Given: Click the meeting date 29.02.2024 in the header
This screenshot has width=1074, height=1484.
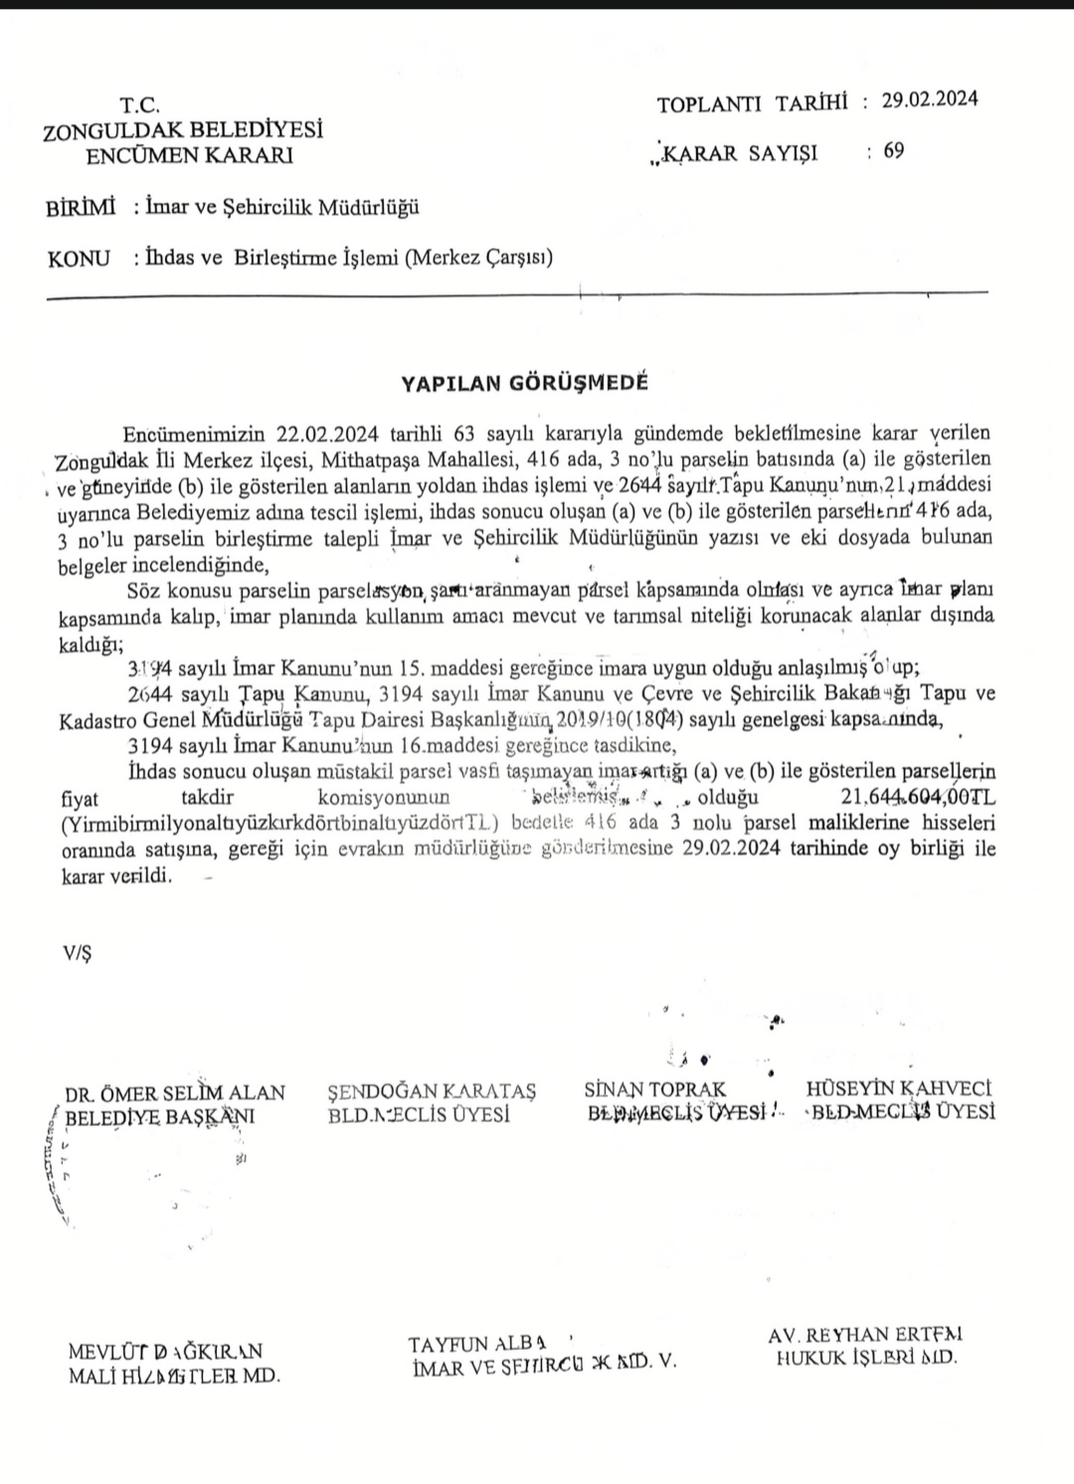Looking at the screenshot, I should click(930, 99).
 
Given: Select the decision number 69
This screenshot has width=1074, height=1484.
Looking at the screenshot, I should click(893, 151).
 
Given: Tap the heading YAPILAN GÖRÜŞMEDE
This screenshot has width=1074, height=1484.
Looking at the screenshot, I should click(524, 382).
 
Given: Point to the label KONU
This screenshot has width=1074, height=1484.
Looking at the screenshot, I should click(79, 259).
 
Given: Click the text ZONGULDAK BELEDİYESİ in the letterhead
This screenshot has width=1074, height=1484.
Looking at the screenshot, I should click(184, 129).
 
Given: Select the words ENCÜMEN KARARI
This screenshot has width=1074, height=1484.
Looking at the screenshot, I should click(189, 155).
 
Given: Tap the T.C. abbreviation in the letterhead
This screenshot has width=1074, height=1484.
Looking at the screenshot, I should click(139, 104).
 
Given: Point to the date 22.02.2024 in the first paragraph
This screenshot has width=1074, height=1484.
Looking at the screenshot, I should click(329, 435).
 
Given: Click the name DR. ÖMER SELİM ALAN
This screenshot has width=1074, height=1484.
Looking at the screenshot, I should click(175, 1093).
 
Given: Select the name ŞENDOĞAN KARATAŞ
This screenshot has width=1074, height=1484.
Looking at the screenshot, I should click(432, 1092).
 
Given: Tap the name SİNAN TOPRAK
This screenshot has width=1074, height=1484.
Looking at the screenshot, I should click(655, 1089).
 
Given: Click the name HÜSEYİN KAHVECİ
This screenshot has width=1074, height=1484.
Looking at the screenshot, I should click(899, 1089).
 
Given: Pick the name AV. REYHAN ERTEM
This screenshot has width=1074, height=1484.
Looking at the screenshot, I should click(864, 1335).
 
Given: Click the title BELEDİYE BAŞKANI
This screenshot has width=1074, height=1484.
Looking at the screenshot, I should click(159, 1117).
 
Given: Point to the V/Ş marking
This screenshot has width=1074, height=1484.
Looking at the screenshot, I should click(77, 953).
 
